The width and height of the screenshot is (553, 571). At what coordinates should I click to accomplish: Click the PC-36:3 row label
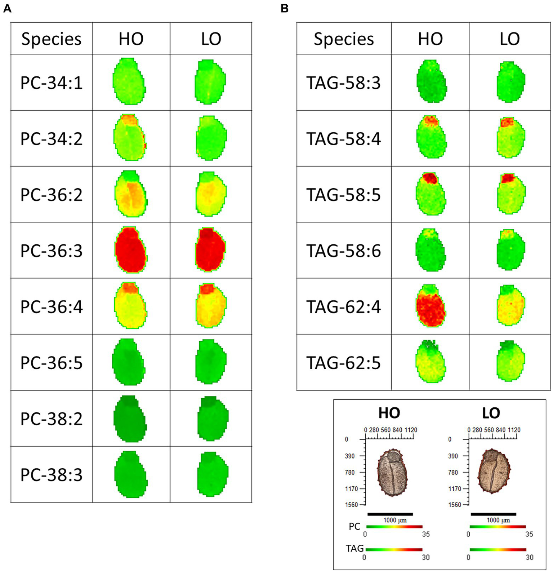(52, 251)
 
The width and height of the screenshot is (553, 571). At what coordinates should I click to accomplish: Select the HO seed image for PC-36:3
(131, 250)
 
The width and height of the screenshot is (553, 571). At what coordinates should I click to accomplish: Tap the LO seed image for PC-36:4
(211, 306)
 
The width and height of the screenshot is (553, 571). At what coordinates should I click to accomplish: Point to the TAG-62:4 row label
(343, 307)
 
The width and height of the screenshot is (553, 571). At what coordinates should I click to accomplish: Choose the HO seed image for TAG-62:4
(431, 306)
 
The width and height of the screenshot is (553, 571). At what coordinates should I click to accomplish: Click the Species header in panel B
(344, 39)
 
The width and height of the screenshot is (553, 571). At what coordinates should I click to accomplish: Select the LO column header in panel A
(211, 39)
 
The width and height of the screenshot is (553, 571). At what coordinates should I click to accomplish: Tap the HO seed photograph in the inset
(392, 473)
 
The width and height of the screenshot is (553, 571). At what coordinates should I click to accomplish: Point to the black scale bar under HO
(390, 514)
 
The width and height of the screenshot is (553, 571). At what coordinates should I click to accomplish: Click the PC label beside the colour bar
(354, 526)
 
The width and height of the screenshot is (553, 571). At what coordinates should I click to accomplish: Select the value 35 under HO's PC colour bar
(426, 534)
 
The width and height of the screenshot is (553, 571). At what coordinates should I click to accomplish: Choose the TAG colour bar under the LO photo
(498, 550)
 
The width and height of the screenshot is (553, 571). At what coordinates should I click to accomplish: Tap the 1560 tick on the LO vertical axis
(455, 505)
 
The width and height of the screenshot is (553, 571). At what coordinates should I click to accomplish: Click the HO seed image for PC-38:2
(130, 419)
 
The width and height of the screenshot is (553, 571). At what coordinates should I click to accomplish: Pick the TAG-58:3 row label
(343, 83)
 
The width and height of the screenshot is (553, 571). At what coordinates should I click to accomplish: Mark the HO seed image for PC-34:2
(130, 138)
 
